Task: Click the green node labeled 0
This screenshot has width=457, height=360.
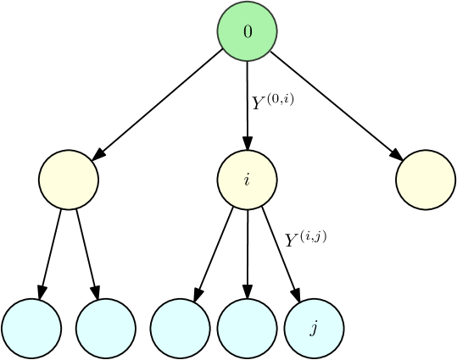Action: coord(247,32)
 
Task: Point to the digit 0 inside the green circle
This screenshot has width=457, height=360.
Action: coord(248,32)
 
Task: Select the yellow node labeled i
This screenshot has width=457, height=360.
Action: coord(247,180)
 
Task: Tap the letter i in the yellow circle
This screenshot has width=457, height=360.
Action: coord(247,180)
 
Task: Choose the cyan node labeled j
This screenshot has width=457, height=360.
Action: coord(314,328)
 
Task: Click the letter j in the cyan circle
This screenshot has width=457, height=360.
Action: coord(314,329)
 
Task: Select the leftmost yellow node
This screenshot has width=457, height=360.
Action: coord(69,180)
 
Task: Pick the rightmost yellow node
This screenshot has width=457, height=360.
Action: coord(426,180)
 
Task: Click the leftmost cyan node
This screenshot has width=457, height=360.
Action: coord(31,328)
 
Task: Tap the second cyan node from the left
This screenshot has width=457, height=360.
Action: coord(106,328)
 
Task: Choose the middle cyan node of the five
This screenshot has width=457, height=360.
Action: coord(180,328)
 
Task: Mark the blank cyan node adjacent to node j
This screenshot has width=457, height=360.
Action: coord(247,328)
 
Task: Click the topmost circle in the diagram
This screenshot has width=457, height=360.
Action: coord(247,32)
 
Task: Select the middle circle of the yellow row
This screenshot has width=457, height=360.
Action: coord(247,180)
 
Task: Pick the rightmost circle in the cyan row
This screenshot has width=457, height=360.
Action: coord(314,328)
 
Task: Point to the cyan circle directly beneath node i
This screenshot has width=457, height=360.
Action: coord(247,328)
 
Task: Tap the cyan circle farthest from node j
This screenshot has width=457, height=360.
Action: coord(31,328)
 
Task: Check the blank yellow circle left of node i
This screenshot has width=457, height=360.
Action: coord(69,180)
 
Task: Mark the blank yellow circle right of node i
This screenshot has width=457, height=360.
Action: coord(426,180)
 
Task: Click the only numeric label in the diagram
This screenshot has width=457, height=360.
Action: coord(248,32)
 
